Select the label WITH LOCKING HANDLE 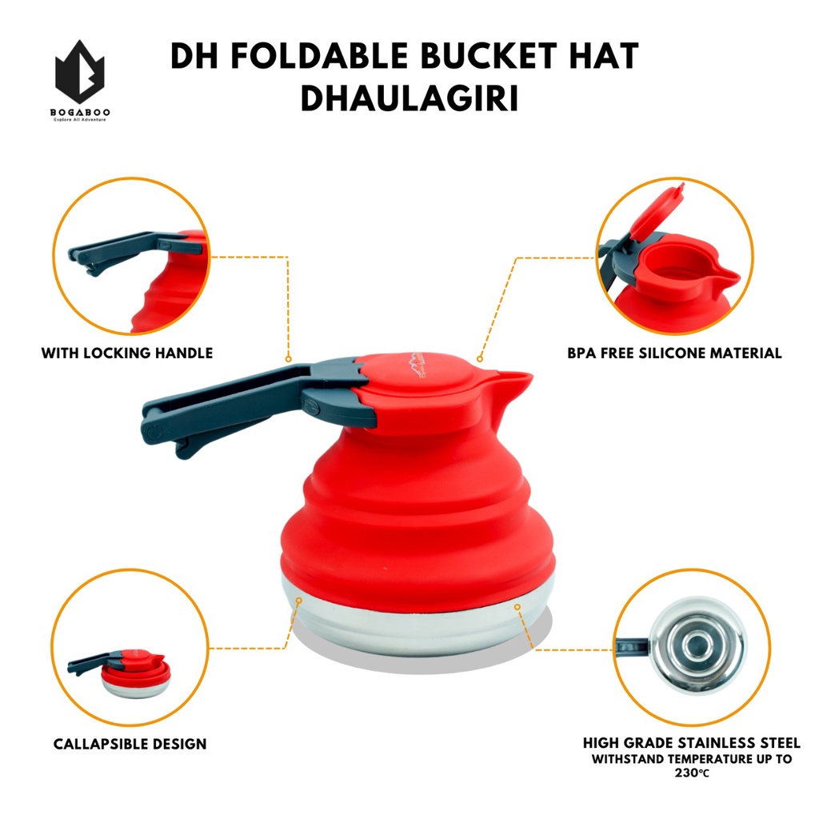[x=127, y=353]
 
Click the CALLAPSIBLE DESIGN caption [x=130, y=744]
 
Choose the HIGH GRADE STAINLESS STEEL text [x=691, y=743]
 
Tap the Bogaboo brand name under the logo [x=79, y=111]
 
